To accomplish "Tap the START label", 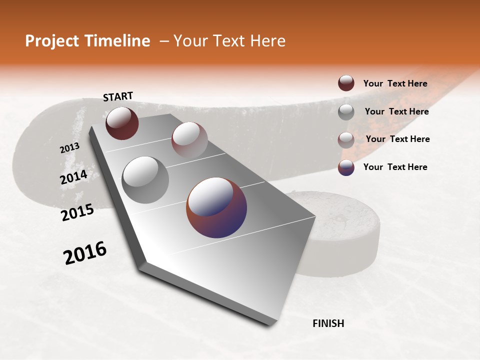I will click(x=118, y=96).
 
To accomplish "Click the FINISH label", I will click(x=328, y=323).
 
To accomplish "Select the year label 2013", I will click(x=69, y=148).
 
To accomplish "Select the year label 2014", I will click(x=74, y=177).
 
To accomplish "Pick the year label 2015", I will click(x=77, y=212).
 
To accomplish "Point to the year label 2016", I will click(x=85, y=253).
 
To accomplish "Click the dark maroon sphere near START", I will click(x=122, y=123).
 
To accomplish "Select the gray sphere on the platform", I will click(x=145, y=179).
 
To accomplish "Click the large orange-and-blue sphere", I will click(x=216, y=207).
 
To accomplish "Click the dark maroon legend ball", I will click(x=346, y=83).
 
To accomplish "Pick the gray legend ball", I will click(x=346, y=111).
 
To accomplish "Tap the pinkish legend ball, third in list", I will click(x=346, y=139).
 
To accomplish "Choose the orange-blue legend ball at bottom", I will click(x=346, y=167).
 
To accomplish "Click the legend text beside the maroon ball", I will click(x=395, y=83).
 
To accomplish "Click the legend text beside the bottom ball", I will click(x=395, y=167).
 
